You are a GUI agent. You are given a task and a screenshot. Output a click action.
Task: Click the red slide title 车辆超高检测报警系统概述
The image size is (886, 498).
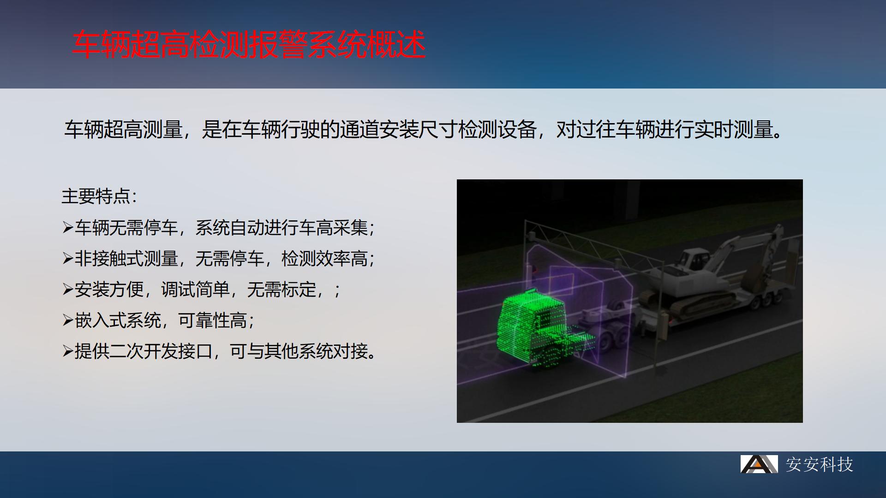coord(249,45)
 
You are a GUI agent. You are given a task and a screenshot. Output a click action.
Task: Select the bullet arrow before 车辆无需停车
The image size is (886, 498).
coord(68,228)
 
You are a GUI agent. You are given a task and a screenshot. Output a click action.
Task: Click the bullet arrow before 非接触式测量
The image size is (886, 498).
coord(68,259)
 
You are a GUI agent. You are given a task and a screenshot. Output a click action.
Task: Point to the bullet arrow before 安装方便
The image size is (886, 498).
coord(68,290)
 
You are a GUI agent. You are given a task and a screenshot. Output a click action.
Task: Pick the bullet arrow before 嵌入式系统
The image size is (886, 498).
coord(68,320)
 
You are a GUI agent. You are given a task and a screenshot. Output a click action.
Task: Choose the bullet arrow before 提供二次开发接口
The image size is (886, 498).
coord(68,351)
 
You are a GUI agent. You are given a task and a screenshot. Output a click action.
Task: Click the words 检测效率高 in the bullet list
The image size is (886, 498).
coord(324,259)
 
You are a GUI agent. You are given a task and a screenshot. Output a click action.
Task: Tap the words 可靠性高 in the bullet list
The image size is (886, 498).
coord(213,320)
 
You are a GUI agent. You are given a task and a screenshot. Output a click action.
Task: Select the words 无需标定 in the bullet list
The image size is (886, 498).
coord(281,290)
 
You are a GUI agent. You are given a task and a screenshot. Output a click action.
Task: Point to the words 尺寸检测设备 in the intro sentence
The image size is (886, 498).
coord(478,130)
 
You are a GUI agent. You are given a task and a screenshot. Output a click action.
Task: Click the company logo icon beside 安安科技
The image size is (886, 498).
coord(759,464)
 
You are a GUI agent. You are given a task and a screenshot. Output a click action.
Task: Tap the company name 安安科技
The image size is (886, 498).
coord(820,464)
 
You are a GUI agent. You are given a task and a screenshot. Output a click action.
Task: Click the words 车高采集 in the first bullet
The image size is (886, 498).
coord(333,228)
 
